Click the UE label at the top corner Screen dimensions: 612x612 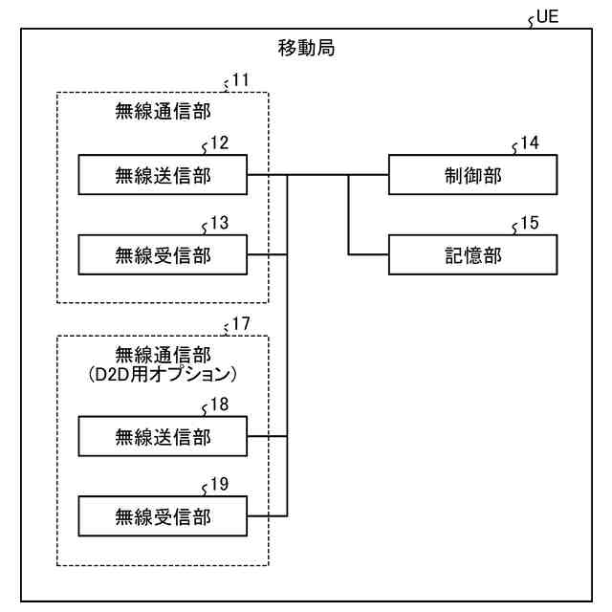pos(547,17)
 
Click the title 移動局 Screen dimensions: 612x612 pos(306,48)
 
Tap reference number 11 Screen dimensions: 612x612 pos(240,80)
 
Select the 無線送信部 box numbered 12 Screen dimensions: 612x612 pos(163,175)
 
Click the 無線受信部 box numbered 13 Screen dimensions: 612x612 pos(163,255)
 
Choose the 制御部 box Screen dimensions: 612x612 pos(473,175)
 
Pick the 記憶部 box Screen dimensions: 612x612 pos(473,255)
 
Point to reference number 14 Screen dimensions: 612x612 pos(530,142)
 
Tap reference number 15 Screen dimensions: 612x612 pos(530,223)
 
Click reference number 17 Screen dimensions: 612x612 pos(241,323)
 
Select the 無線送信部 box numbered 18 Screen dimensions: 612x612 pos(163,436)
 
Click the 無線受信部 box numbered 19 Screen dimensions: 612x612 pos(163,516)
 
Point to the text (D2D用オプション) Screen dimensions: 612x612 pos(163,375)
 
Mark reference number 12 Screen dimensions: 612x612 pos(219,142)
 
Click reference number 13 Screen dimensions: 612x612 pos(219,223)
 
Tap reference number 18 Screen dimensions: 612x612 pos(219,404)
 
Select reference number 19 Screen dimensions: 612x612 pos(219,485)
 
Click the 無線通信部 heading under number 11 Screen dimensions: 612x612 pos(163,112)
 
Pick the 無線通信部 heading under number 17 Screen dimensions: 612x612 pos(163,355)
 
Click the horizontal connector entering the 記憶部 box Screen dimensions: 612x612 pos(368,255)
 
